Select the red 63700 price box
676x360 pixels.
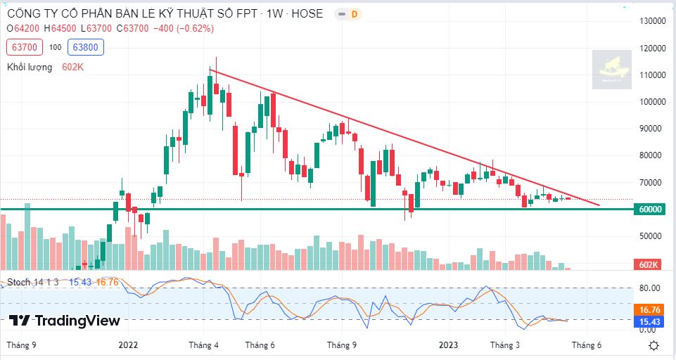coord(24,47)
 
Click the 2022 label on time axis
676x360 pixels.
coord(128,345)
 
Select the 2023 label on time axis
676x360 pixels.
coord(448,345)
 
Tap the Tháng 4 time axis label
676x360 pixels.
coord(205,345)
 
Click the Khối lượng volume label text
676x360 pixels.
coord(30,67)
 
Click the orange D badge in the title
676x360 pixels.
coord(354,14)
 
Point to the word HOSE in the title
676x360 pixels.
coord(308,13)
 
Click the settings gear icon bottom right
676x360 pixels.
coord(653,345)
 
